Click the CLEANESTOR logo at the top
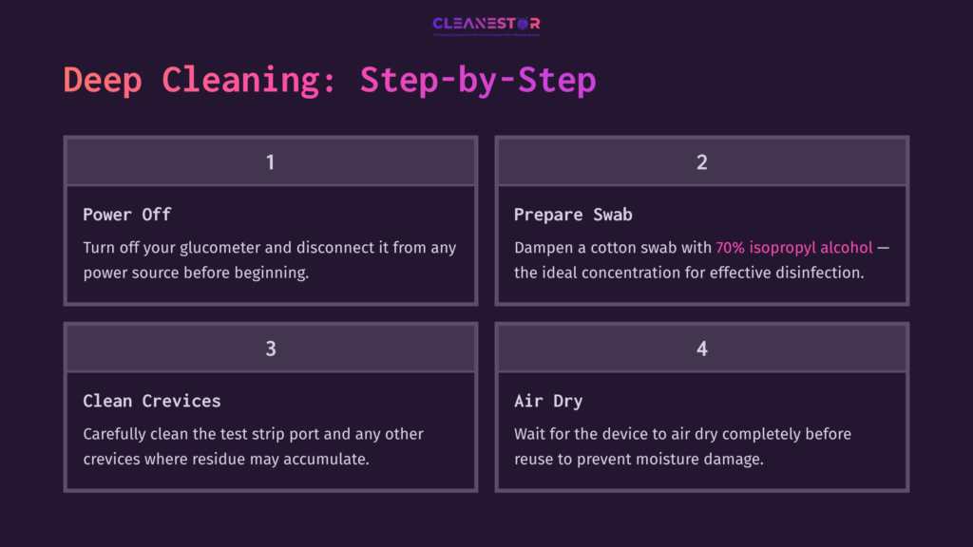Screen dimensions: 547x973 click(x=486, y=25)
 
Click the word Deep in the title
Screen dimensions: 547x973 click(x=102, y=80)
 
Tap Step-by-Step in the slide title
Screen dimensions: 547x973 click(x=478, y=80)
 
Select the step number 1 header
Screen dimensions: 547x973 click(x=271, y=162)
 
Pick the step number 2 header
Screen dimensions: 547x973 click(x=702, y=162)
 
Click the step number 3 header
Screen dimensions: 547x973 click(x=271, y=349)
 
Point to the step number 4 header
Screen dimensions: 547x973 click(x=702, y=349)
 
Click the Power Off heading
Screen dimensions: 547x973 click(x=126, y=214)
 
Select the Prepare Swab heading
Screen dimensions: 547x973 click(x=573, y=214)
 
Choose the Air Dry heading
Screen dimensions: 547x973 click(x=548, y=400)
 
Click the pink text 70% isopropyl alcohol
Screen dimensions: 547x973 click(x=793, y=247)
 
